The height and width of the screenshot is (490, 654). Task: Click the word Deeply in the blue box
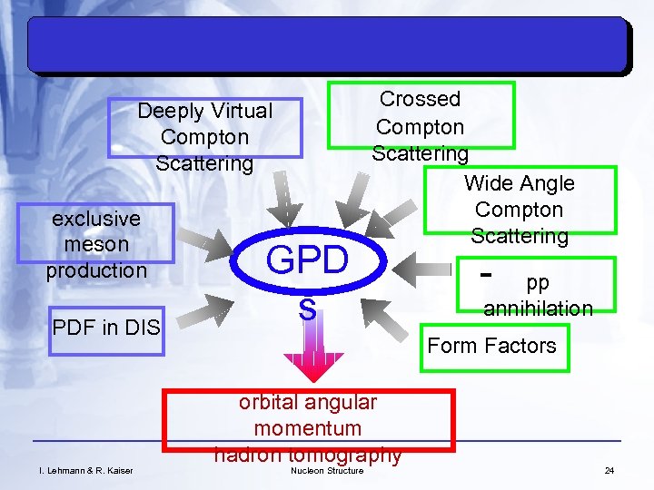[172, 112]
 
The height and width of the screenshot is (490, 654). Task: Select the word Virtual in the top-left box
[240, 112]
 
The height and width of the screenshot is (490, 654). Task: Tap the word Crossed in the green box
[420, 99]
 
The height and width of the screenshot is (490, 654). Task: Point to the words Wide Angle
[519, 183]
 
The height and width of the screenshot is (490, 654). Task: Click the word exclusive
[96, 219]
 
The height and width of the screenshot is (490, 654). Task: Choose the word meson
[96, 244]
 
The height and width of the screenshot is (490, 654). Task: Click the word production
[96, 270]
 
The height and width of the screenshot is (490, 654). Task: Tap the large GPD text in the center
[306, 261]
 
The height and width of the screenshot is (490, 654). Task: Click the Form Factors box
[491, 346]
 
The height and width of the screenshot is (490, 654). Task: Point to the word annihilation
[538, 309]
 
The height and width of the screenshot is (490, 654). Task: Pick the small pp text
[538, 282]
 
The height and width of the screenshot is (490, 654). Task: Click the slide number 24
[609, 470]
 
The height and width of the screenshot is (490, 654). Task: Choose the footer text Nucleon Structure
[326, 470]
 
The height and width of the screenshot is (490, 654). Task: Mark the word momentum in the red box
[307, 427]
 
